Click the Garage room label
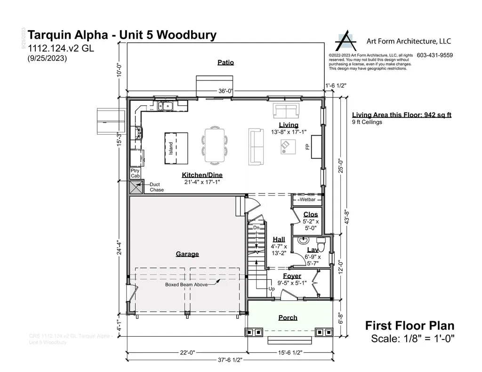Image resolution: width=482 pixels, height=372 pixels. pyautogui.click(x=187, y=254)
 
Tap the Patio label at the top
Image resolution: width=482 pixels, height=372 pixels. pyautogui.click(x=225, y=62)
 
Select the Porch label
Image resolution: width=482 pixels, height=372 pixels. pyautogui.click(x=288, y=318)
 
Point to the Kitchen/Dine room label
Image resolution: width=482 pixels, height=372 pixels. pyautogui.click(x=201, y=175)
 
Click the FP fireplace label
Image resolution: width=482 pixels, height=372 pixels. pyautogui.click(x=307, y=147)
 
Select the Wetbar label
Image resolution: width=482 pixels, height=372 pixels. pyautogui.click(x=307, y=200)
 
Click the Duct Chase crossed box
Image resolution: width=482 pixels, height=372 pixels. pyautogui.click(x=136, y=187)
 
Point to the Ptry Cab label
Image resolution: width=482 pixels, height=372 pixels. pyautogui.click(x=135, y=173)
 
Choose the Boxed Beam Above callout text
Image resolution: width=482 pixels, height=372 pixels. pyautogui.click(x=186, y=285)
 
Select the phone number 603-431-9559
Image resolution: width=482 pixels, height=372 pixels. pyautogui.click(x=435, y=55)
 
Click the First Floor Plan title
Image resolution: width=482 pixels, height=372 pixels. pyautogui.click(x=410, y=326)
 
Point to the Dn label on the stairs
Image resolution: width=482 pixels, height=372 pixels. pyautogui.click(x=257, y=228)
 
